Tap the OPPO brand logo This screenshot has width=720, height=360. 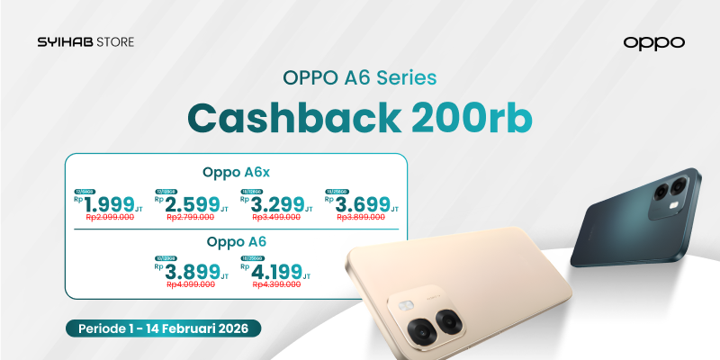tap(653, 42)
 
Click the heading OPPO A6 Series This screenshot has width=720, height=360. tap(360, 77)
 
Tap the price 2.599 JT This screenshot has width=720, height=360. tap(192, 204)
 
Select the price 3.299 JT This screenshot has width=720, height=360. tap(277, 204)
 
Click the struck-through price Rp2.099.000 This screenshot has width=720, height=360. tap(110, 218)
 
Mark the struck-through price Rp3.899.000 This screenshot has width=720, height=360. tap(364, 218)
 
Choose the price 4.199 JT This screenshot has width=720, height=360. tap(277, 271)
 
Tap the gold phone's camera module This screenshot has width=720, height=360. tap(424, 320)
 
